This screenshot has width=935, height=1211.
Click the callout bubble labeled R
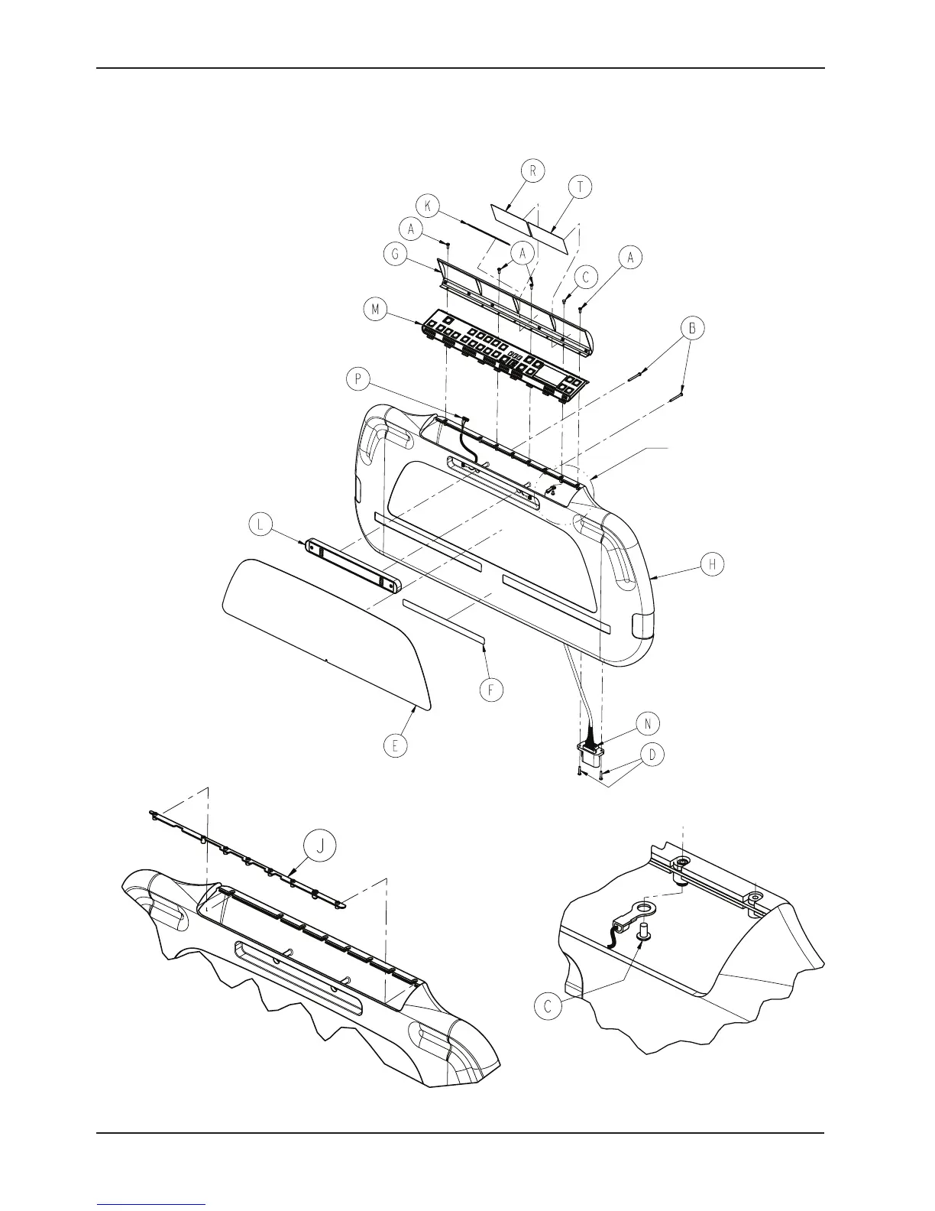pyautogui.click(x=532, y=171)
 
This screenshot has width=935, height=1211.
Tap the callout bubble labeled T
pyautogui.click(x=580, y=187)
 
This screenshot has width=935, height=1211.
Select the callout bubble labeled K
pyautogui.click(x=428, y=206)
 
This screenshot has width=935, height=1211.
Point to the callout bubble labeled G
pyautogui.click(x=395, y=255)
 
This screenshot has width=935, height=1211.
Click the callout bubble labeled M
pyautogui.click(x=375, y=310)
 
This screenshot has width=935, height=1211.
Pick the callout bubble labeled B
pyautogui.click(x=692, y=328)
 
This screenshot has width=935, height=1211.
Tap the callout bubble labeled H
pyautogui.click(x=712, y=564)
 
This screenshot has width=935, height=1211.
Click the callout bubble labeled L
pyautogui.click(x=261, y=525)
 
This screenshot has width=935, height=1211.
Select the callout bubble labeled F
pyautogui.click(x=492, y=690)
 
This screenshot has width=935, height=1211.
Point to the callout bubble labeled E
pyautogui.click(x=395, y=746)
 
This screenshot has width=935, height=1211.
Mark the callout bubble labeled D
pyautogui.click(x=652, y=756)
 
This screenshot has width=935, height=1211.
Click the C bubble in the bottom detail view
pyautogui.click(x=548, y=1006)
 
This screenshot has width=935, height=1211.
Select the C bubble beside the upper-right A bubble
pyautogui.click(x=586, y=278)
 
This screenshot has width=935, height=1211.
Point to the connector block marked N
pyautogui.click(x=591, y=758)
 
